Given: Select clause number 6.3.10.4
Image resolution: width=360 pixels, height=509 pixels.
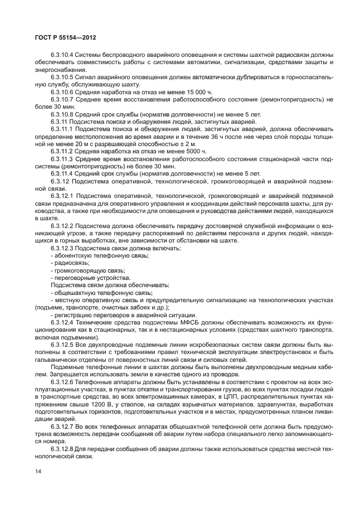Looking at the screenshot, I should click(62, 55).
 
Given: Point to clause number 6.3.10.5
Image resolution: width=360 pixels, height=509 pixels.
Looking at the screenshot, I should click(62, 75).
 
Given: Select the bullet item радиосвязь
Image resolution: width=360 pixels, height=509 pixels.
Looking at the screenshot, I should click(71, 262).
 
